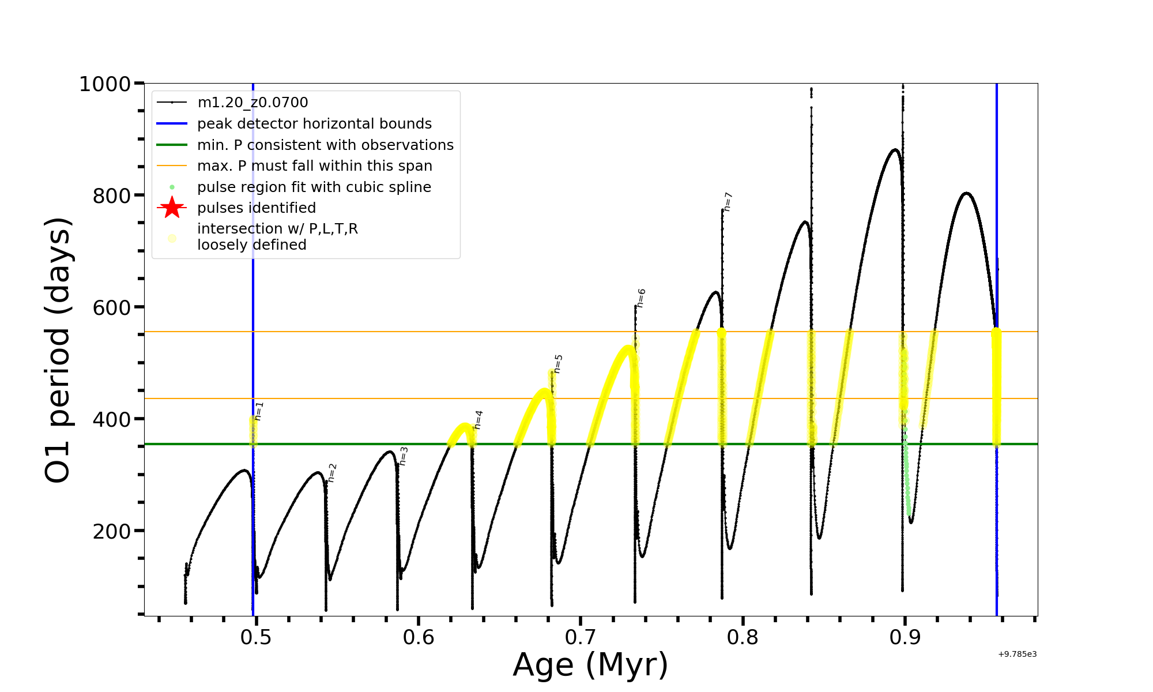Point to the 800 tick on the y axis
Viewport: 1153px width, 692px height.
coord(112,196)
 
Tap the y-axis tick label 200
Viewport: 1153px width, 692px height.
coord(112,531)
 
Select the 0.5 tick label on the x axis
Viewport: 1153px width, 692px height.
coord(256,637)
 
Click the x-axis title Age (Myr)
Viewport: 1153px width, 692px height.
coord(590,665)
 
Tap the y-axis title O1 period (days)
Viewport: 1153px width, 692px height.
coord(58,349)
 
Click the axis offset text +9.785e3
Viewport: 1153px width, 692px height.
coord(1017,655)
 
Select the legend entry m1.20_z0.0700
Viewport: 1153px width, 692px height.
coord(253,103)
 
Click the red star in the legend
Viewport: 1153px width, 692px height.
coord(172,208)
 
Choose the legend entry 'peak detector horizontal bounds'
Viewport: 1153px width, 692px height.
coord(314,124)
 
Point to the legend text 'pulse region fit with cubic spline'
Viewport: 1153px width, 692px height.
coord(314,187)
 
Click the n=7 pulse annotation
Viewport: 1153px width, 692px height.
coord(728,202)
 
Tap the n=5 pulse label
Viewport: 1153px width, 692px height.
coord(558,364)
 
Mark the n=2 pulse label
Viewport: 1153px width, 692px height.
coord(331,473)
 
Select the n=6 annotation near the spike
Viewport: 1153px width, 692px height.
coord(641,298)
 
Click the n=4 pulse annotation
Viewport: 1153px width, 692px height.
coord(478,420)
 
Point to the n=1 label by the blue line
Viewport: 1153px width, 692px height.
coord(259,411)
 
